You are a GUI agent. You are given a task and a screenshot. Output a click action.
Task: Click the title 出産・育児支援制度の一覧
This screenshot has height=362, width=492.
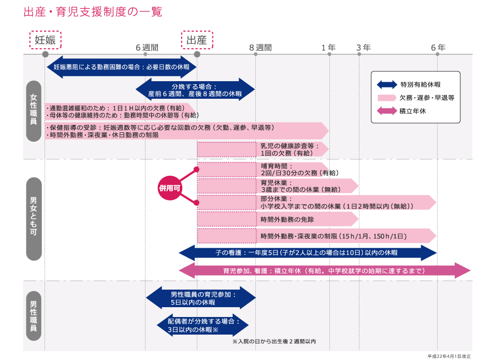point(93,12)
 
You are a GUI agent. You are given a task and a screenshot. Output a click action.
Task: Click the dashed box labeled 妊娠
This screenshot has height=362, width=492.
point(45,40)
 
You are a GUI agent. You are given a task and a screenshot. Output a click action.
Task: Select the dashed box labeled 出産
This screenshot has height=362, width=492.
point(197,40)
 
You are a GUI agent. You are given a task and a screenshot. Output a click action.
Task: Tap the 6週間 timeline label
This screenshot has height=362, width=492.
point(147,48)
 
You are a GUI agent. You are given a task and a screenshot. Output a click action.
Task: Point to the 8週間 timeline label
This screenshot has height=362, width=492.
point(261,48)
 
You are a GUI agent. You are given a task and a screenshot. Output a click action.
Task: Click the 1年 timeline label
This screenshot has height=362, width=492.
point(328,48)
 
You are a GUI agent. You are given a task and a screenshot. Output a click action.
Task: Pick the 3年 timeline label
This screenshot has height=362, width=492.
point(364,48)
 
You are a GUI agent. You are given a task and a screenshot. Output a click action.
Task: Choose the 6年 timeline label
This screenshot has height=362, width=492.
point(438,48)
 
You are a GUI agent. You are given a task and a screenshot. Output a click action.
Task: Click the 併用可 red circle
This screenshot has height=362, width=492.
point(170,188)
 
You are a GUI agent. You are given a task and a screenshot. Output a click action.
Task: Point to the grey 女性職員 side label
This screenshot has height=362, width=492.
point(34,111)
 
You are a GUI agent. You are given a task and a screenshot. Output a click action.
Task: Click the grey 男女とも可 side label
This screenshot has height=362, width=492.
point(34,219)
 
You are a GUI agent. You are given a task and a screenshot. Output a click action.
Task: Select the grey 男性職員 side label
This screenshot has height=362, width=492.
point(34,316)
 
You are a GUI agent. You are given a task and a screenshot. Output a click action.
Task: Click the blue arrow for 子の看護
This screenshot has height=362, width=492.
point(308,253)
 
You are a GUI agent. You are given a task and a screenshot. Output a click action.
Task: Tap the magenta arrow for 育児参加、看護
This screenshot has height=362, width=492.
point(324,271)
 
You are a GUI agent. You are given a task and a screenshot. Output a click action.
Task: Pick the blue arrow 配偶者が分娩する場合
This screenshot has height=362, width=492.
point(202,325)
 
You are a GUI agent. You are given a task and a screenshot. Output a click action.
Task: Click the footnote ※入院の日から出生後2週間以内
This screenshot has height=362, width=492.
point(274,341)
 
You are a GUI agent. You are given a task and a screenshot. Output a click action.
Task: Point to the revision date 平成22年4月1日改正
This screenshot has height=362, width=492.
point(449,356)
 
